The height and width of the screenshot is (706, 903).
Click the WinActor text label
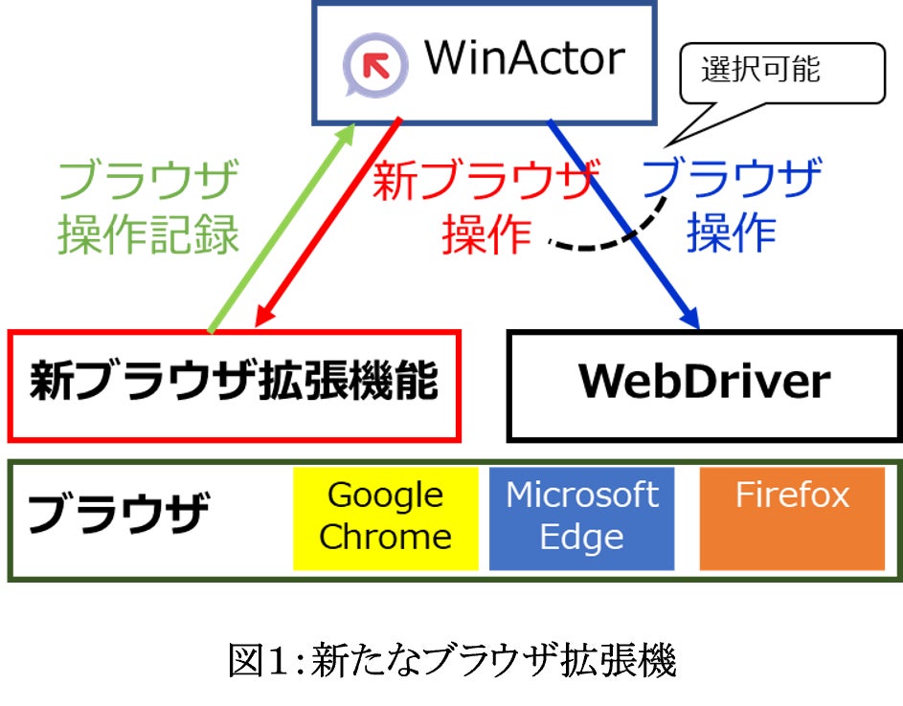pos(525,59)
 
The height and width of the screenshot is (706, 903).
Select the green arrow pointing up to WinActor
pos(281,231)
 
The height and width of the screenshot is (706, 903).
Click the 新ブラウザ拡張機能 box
pos(235,385)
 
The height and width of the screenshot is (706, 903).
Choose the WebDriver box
pos(704,385)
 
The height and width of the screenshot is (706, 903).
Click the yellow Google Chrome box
pos(385,517)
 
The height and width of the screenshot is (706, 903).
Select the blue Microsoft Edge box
pos(582,517)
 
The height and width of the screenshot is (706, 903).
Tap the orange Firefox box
pos(792,517)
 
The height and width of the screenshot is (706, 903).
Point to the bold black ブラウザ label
pos(118,516)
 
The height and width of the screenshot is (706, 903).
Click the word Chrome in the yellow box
pos(385,537)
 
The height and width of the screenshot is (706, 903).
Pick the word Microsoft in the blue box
pos(582,496)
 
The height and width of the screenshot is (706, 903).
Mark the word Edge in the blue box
pos(582,537)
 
